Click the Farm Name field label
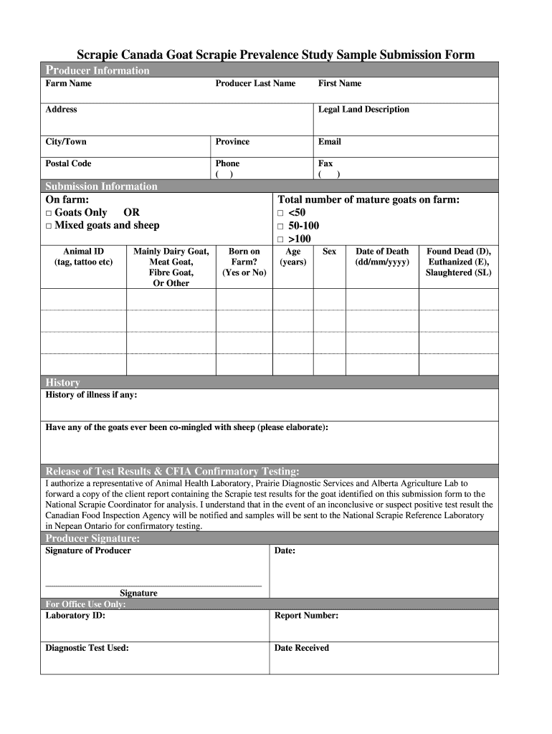click(69, 84)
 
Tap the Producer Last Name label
click(255, 84)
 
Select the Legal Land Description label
click(363, 110)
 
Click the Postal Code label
click(69, 163)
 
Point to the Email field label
click(330, 142)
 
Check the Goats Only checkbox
click(49, 214)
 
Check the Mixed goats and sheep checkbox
click(49, 227)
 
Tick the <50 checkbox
click(281, 214)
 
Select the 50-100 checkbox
click(281, 227)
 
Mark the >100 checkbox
click(281, 239)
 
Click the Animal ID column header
click(83, 257)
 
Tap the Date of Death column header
click(382, 257)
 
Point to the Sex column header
click(329, 252)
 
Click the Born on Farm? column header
click(244, 262)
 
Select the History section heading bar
click(269, 382)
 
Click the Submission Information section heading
click(101, 186)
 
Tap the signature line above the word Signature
click(153, 586)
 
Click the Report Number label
click(306, 616)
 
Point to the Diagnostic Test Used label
click(87, 648)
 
